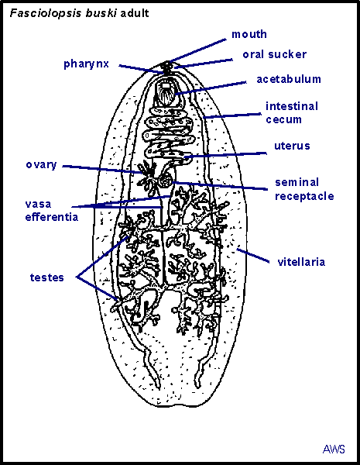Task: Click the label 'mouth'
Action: coord(249,34)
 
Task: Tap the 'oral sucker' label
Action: coord(274,54)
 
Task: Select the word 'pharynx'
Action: coord(86,64)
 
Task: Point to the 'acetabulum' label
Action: coord(289,79)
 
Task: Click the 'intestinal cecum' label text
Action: coord(292,112)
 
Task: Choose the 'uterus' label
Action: coord(292,146)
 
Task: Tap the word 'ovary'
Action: coord(41,165)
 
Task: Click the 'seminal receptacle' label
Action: coord(304,189)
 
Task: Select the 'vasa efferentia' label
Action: coord(52,211)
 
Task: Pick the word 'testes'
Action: coord(46,277)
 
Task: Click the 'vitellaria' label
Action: coord(301,262)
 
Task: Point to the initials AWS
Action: coord(334,449)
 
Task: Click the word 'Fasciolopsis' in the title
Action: coord(46,13)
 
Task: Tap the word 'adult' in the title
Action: coord(135,13)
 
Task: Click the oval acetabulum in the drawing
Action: coord(166,91)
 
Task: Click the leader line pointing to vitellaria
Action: coord(253,256)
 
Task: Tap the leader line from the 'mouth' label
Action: coord(197,50)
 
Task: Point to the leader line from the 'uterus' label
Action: coord(225,155)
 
